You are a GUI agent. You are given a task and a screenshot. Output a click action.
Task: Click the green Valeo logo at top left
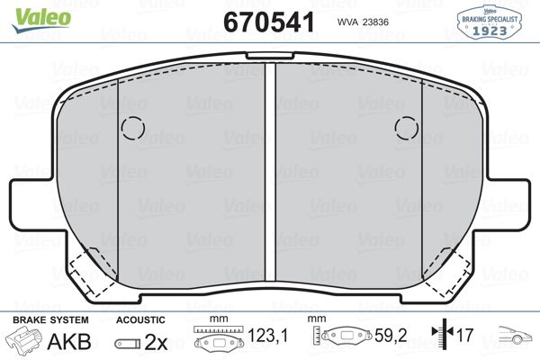click(x=41, y=21)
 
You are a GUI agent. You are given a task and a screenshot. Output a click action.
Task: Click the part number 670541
click(x=269, y=22)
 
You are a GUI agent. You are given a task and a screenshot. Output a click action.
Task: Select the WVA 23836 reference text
click(x=363, y=22)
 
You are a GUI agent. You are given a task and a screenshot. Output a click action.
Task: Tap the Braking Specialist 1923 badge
click(x=489, y=22)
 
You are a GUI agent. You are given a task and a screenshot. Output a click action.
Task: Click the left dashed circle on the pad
click(x=133, y=128)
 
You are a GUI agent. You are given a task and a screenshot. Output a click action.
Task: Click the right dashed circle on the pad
click(x=407, y=128)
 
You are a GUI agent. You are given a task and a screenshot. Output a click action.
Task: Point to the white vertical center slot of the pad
click(x=270, y=172)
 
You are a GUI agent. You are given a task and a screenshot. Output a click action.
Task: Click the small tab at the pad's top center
click(x=270, y=56)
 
